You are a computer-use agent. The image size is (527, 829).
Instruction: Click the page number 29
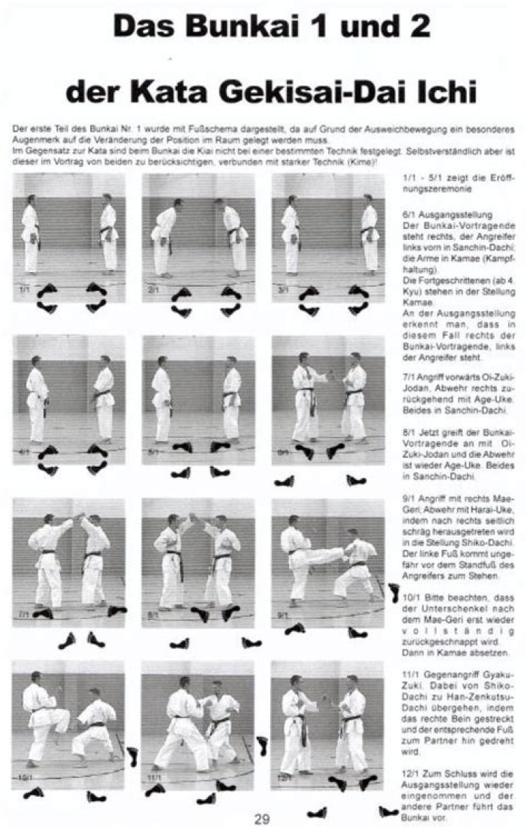coord(262,819)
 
